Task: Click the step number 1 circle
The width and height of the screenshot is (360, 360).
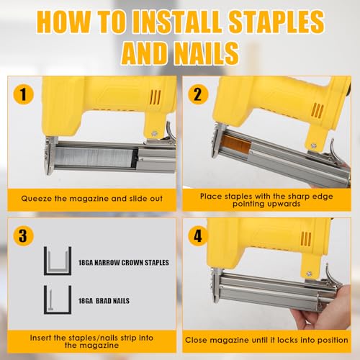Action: click(23, 94)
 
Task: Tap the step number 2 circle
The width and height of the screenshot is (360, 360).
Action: click(198, 94)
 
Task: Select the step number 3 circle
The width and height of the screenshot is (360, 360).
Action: click(23, 236)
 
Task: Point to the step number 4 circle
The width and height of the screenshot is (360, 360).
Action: click(198, 236)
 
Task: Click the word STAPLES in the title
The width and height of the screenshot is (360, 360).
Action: click(276, 22)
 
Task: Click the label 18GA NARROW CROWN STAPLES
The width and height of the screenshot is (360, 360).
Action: click(124, 263)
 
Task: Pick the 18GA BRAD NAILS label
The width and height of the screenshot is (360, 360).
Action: click(104, 301)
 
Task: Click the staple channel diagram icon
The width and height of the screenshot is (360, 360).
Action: click(58, 261)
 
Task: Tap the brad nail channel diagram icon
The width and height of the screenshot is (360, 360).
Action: click(58, 300)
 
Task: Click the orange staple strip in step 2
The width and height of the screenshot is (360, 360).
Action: click(236, 145)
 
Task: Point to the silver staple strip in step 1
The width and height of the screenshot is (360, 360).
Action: click(94, 157)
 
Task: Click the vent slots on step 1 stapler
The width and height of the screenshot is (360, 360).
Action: click(155, 97)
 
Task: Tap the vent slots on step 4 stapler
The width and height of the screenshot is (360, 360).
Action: click(306, 239)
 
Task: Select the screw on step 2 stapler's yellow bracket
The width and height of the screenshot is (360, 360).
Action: click(313, 145)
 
